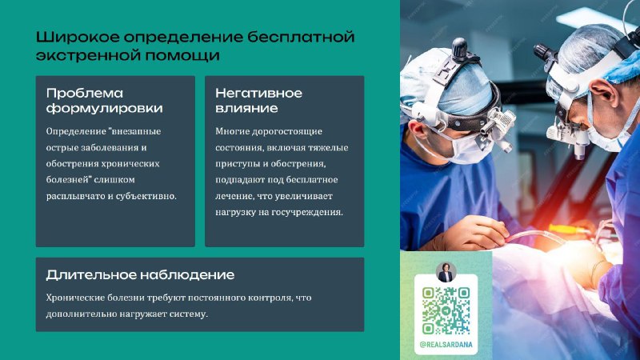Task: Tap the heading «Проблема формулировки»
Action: tap(105, 101)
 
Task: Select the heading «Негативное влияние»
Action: tap(258, 101)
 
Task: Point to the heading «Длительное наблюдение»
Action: tap(140, 274)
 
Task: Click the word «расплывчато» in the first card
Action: tap(75, 196)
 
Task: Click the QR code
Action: tap(446, 310)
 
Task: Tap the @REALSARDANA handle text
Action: tap(446, 345)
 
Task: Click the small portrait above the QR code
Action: tap(446, 272)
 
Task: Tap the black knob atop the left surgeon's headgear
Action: tap(459, 47)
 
